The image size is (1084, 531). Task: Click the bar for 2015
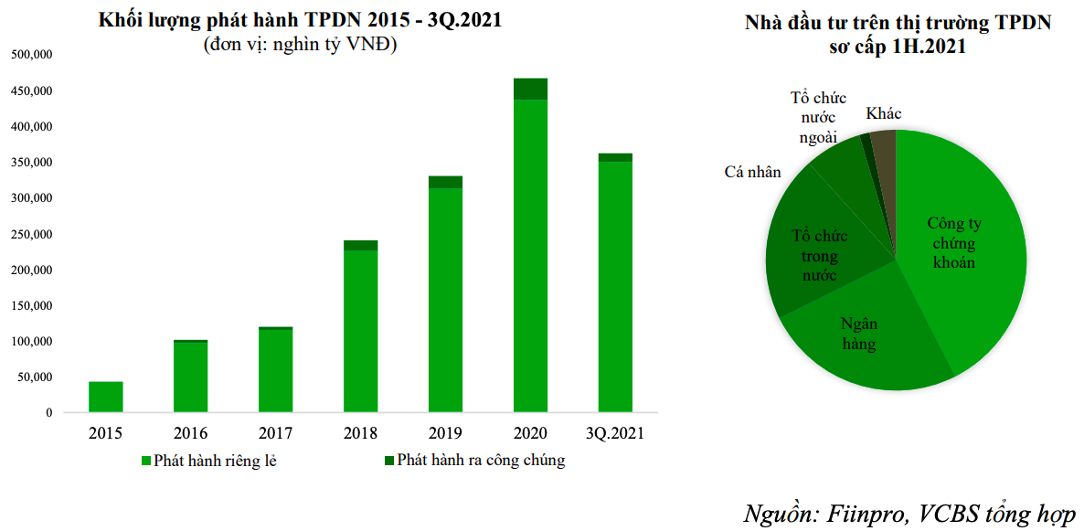point(105,397)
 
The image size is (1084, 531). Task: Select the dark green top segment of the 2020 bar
point(530,89)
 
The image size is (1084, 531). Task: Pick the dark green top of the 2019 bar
point(445,182)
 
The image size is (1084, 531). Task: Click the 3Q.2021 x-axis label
point(614,433)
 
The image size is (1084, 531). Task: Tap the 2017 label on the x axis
point(275,433)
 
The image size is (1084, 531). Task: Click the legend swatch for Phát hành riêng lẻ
point(145,460)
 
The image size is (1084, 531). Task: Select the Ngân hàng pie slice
point(859,334)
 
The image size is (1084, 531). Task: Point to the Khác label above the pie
point(884,113)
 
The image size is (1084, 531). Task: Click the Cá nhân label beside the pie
point(752,172)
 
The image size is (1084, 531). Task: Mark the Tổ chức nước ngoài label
point(818,118)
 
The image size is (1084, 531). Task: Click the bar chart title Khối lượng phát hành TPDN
point(300,21)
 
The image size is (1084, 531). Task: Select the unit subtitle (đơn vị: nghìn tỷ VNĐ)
point(300,45)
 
